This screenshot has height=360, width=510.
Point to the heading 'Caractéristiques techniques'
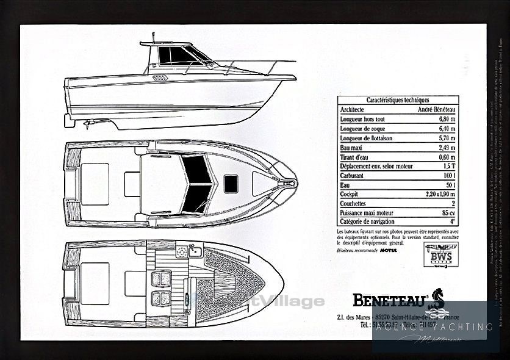[398, 99]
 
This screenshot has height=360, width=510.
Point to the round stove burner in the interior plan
[181, 252]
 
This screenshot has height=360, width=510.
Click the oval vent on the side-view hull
[160, 78]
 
